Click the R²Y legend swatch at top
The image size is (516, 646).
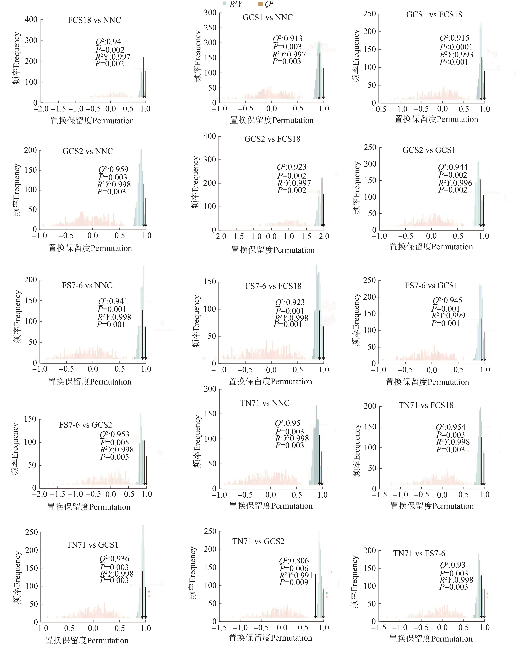click(x=224, y=4)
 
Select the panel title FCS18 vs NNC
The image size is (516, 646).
click(x=94, y=20)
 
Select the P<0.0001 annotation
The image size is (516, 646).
click(x=456, y=47)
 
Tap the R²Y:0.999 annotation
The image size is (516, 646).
click(x=448, y=316)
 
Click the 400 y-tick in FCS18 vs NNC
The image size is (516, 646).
click(x=31, y=19)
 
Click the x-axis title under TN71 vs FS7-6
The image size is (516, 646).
click(x=431, y=639)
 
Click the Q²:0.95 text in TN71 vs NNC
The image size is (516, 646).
click(x=287, y=423)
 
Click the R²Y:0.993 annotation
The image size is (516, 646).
click(x=456, y=55)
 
